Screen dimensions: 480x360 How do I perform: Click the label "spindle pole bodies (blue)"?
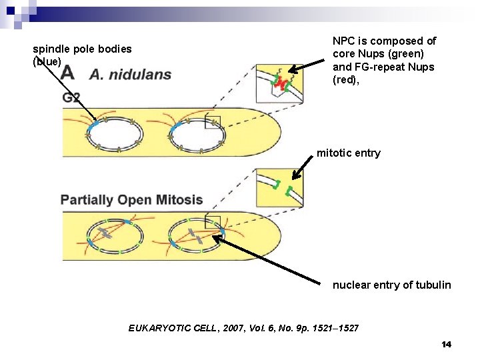click(x=81, y=55)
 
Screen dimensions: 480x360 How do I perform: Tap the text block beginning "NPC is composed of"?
click(x=383, y=61)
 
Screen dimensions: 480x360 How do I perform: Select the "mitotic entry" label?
click(x=348, y=153)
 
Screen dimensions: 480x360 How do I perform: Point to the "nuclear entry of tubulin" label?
click(x=391, y=285)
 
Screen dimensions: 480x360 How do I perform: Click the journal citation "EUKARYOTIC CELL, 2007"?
click(x=243, y=328)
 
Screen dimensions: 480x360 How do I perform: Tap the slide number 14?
click(x=446, y=344)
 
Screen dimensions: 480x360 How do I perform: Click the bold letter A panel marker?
click(x=67, y=74)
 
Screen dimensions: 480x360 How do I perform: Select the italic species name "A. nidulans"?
click(x=130, y=74)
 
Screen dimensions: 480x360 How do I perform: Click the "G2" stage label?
click(x=71, y=97)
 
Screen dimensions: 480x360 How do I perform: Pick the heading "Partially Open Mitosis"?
click(x=131, y=199)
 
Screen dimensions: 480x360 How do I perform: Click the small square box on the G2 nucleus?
click(x=213, y=122)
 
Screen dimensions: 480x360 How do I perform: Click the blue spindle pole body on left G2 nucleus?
click(x=95, y=124)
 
